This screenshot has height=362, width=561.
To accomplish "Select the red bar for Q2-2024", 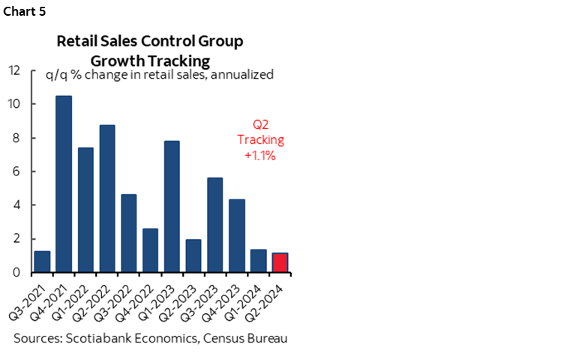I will (x=280, y=263).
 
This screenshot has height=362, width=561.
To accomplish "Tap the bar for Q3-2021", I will (x=42, y=262).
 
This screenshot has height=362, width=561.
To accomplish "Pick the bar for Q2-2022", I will (x=107, y=199).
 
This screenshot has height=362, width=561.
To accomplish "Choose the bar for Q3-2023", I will (x=214, y=225).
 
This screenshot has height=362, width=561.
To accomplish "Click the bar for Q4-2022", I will (x=150, y=250).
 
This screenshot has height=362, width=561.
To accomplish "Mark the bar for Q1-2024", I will (x=258, y=261).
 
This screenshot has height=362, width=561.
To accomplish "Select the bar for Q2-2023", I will (x=193, y=256).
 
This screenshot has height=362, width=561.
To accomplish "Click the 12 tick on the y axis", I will (x=13, y=70).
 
